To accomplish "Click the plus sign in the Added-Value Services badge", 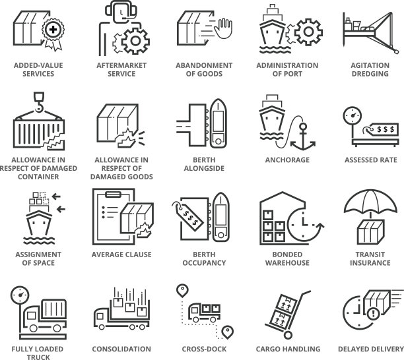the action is [53, 29].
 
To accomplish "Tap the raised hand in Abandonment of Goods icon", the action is [223, 28].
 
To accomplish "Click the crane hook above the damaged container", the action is [39, 102].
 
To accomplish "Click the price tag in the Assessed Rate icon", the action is [381, 129].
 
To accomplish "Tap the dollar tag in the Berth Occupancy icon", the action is [188, 216].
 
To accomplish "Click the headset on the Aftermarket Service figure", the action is [121, 11].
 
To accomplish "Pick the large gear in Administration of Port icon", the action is [308, 32].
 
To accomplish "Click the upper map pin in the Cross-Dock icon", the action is [182, 291].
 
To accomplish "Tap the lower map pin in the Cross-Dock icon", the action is [228, 332].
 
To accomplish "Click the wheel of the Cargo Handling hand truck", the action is [288, 335].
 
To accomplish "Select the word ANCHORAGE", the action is [287, 160].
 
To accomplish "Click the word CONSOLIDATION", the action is [121, 349].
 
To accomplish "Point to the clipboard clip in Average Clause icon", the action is [113, 195].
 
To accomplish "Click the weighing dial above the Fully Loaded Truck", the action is [20, 295].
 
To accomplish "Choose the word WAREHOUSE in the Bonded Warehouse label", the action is [287, 262].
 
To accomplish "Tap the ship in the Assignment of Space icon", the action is [39, 224].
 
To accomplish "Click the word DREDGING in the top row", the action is [370, 74].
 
